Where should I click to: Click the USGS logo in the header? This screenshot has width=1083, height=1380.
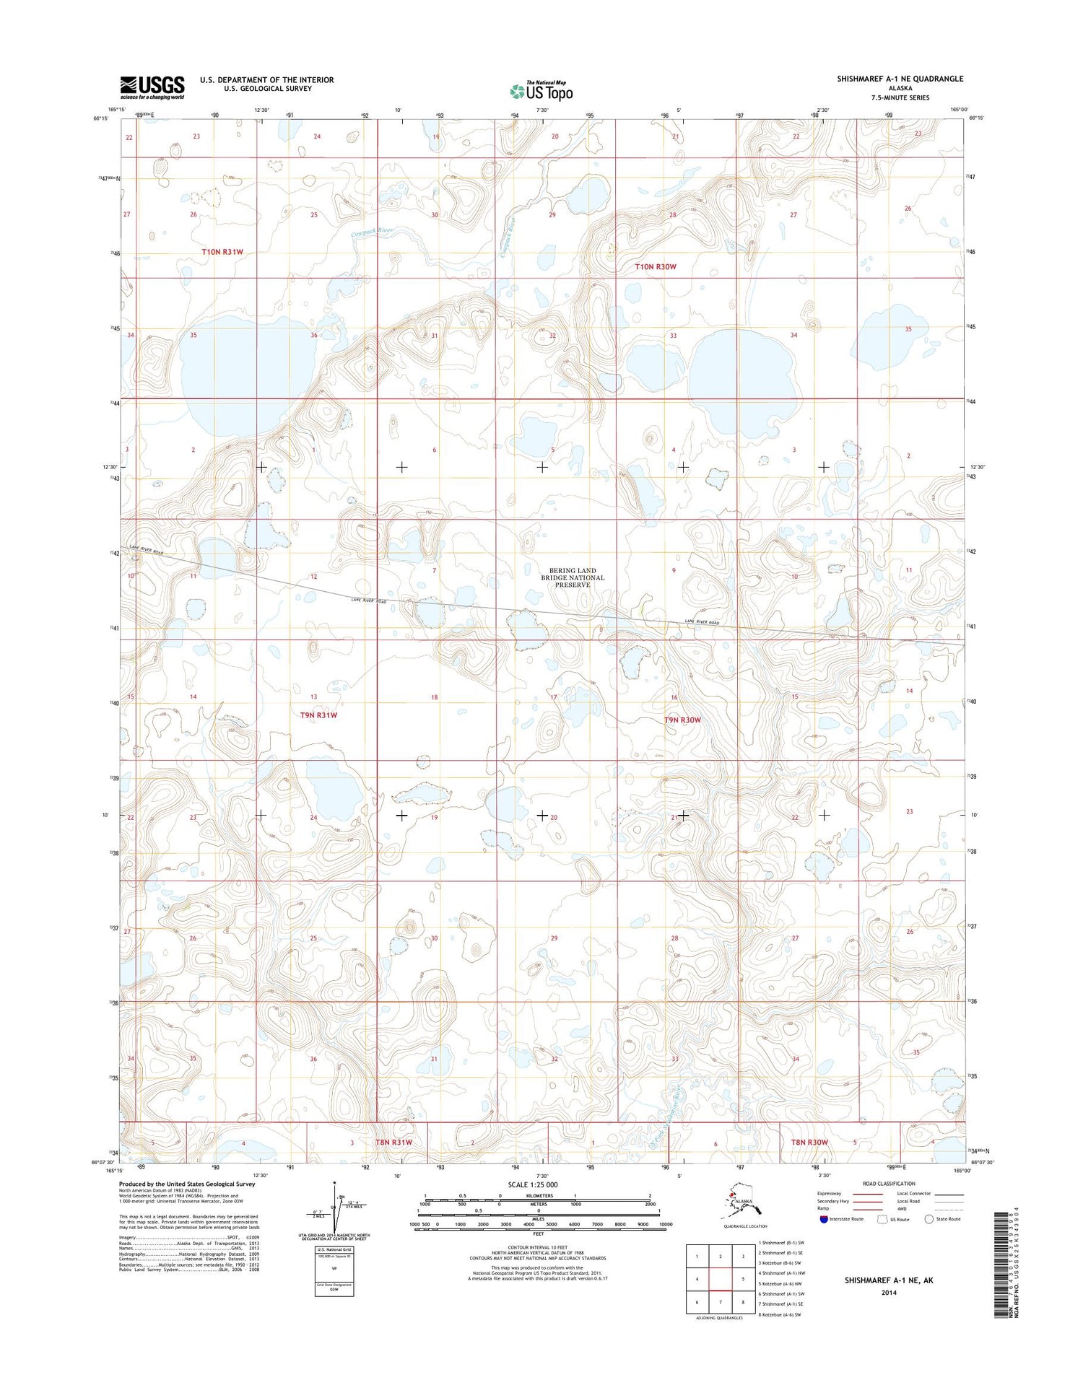[x=152, y=87]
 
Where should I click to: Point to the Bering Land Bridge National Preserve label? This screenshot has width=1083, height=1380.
[x=573, y=577]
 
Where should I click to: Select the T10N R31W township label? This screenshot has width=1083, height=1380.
[x=222, y=252]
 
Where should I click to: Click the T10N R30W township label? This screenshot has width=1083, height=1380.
[x=656, y=267]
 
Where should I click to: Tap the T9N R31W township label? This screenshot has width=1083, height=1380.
[x=318, y=715]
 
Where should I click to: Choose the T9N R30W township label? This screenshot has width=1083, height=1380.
[x=682, y=720]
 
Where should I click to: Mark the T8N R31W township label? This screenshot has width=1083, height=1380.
[x=393, y=1143]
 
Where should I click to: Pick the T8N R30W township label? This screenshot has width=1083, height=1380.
[x=809, y=1142]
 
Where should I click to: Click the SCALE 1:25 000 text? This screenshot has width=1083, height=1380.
[x=533, y=1184]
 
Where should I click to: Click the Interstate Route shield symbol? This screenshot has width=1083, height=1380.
[x=824, y=1219]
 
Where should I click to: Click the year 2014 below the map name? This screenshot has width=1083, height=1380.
[x=888, y=1293]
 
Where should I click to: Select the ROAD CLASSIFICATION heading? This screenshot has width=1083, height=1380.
[x=889, y=1184]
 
